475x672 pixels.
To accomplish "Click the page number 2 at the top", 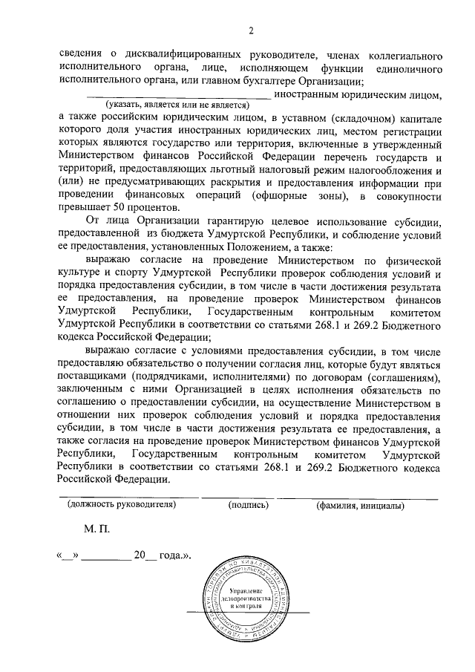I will click(251, 30).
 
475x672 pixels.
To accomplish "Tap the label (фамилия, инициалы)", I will click(358, 505).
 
